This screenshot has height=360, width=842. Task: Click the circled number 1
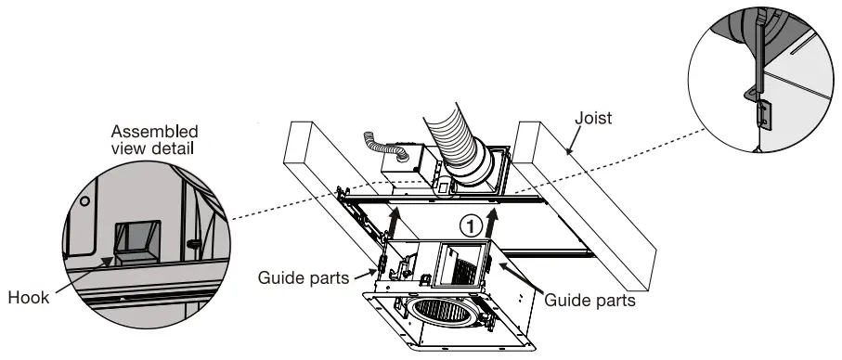472,225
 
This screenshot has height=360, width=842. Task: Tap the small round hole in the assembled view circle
84,199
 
